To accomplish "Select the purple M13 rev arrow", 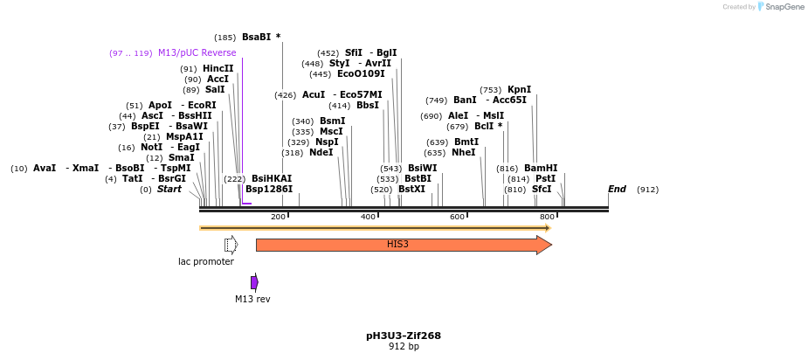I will point(254,282).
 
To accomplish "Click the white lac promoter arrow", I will point(231,245).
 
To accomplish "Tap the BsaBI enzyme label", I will point(257,38).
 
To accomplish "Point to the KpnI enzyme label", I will point(519,89).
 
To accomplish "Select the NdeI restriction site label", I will point(321,152).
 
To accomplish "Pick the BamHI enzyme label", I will point(540,168).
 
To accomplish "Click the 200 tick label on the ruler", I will point(278,217).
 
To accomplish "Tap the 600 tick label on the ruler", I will point(457,217).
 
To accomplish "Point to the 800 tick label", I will point(547,217).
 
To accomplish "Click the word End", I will point(617,189).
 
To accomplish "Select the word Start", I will point(169,189).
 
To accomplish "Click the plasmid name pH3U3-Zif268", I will point(404,336).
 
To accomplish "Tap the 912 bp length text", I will point(404,347).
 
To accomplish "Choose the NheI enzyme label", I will point(463,152).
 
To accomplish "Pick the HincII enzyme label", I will point(218,68).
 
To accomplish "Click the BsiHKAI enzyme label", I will point(272,178).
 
